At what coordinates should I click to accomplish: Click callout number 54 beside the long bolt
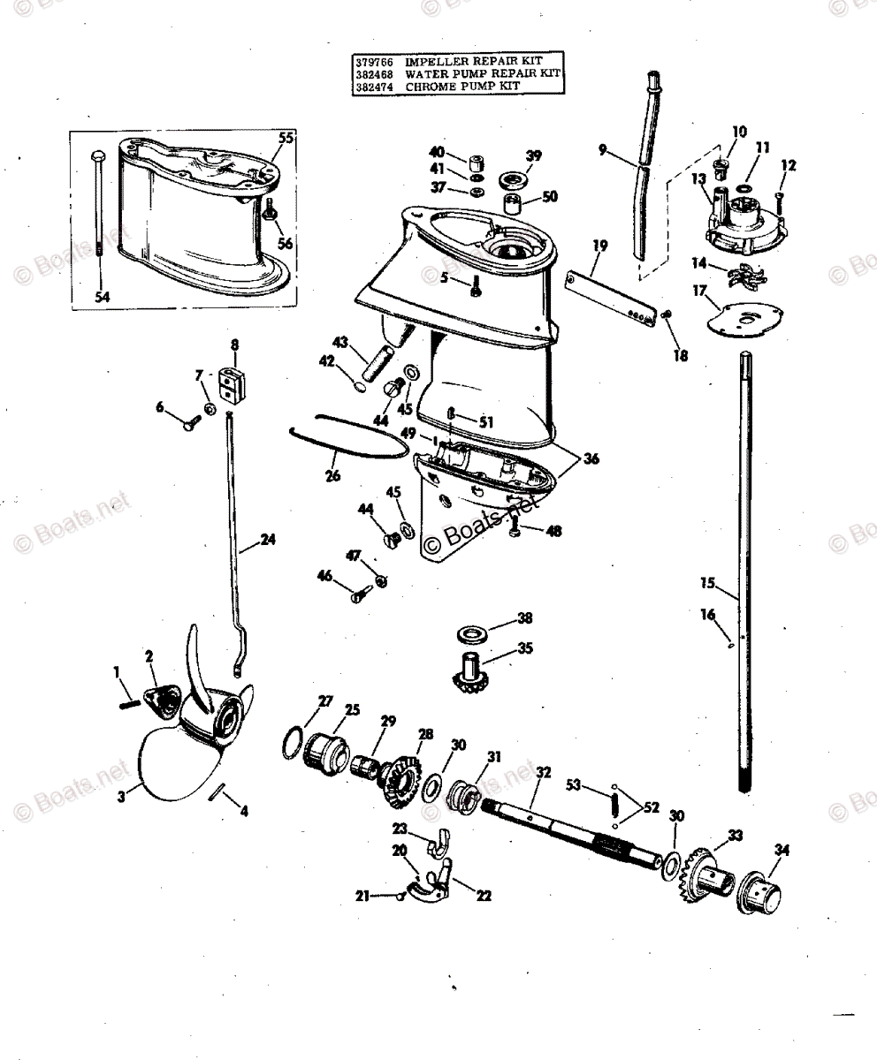[x=103, y=298]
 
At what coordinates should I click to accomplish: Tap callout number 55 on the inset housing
[x=286, y=138]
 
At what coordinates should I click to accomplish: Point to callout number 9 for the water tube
[x=603, y=150]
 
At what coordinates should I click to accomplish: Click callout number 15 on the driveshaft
[x=707, y=584]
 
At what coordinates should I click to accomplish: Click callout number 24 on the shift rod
[x=267, y=538]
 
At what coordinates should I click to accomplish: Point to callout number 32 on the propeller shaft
[x=543, y=773]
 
